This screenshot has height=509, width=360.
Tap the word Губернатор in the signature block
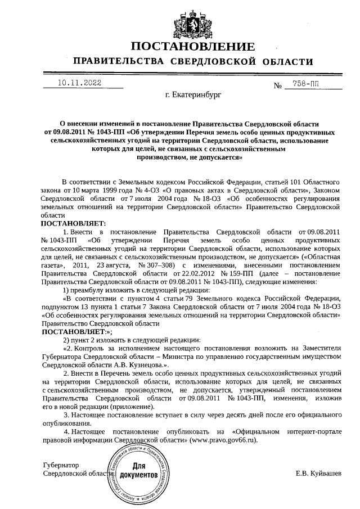click(61, 466)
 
